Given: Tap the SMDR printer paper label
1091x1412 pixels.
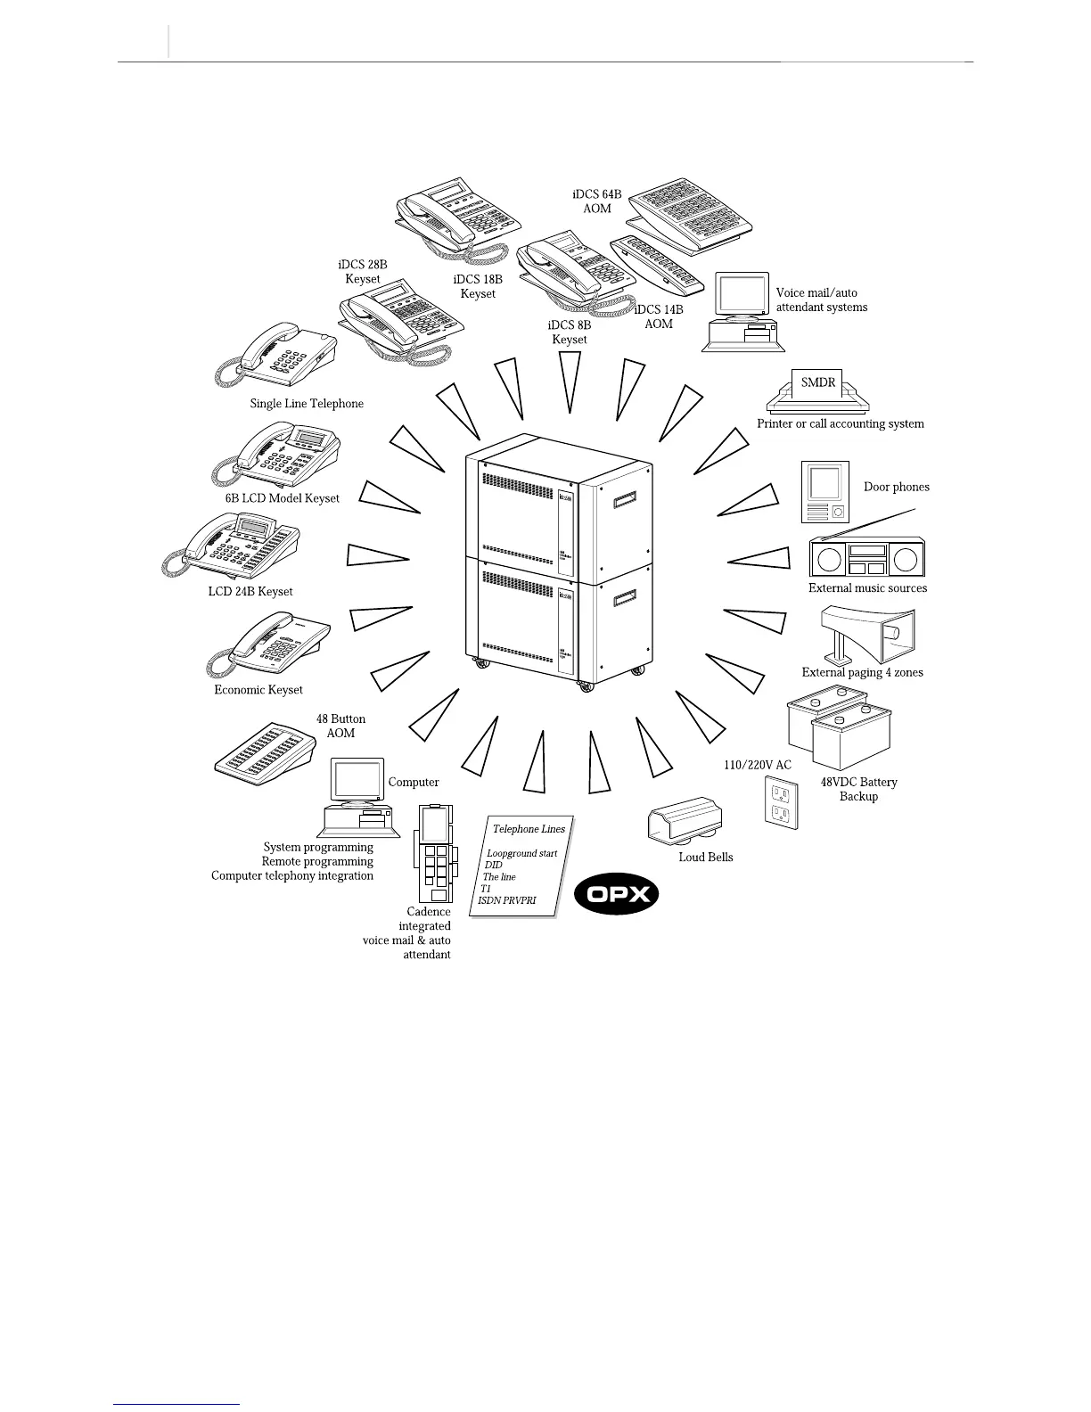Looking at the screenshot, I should coord(818,383).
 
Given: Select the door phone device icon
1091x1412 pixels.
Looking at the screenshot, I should coord(824,492).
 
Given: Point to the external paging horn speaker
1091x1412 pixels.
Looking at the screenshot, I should coord(868,634).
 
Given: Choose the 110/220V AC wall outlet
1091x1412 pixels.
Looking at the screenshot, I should coord(782,801).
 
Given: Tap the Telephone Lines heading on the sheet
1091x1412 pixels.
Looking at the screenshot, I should coord(529,829).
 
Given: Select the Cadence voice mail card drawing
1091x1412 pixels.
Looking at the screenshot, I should coord(434,853).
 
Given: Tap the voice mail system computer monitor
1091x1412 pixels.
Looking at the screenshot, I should coord(742,295).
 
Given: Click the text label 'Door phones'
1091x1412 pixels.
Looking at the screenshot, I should coord(896,487).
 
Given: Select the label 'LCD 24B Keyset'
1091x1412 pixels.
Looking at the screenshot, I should coord(250,591).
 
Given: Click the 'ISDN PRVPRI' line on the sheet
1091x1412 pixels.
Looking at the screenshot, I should coord(507,900).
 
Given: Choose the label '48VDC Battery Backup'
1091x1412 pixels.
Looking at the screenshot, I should coord(858,789).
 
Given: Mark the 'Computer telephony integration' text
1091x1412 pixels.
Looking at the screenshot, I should coord(292,875).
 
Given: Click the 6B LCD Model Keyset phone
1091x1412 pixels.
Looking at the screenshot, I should coord(278,455).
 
